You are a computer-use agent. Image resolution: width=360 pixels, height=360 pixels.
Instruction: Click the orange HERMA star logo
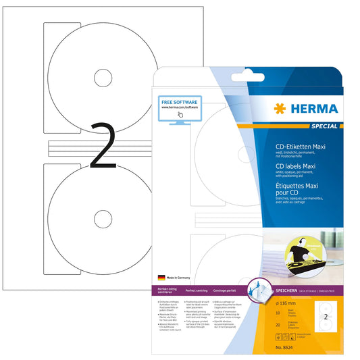point(279,108)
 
